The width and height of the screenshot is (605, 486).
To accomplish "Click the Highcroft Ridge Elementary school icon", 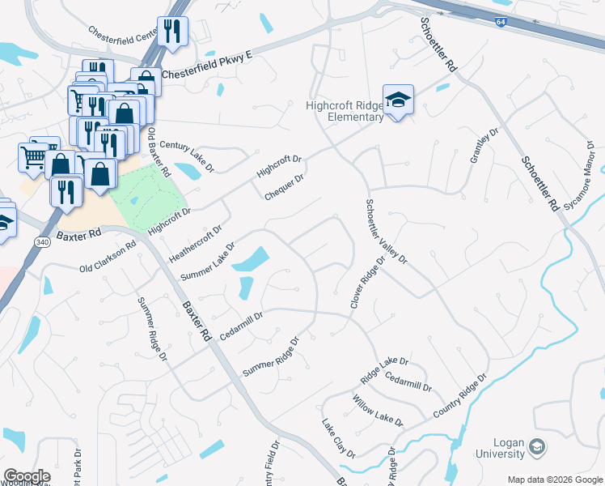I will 398,100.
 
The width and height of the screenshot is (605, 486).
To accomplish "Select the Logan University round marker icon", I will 536,447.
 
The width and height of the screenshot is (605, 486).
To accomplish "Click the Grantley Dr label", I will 482,146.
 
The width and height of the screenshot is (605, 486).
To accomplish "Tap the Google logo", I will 27,476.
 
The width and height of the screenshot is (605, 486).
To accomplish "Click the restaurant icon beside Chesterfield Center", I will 172,32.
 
